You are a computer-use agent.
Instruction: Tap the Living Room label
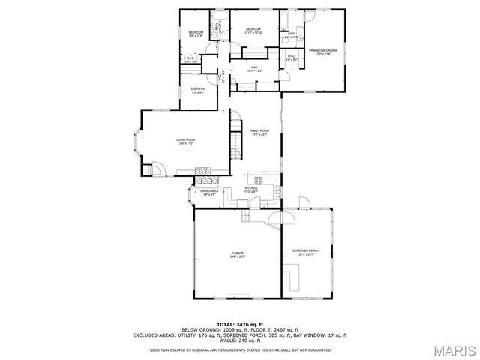pyautogui.click(x=186, y=142)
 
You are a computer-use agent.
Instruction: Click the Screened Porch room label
pyautogui.click(x=306, y=252)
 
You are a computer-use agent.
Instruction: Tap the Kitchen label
pyautogui.click(x=261, y=190)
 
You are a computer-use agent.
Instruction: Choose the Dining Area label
pyautogui.click(x=209, y=193)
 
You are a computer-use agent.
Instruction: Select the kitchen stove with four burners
pyautogui.click(x=259, y=180)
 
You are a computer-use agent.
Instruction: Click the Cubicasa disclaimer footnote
pyautogui.click(x=240, y=349)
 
